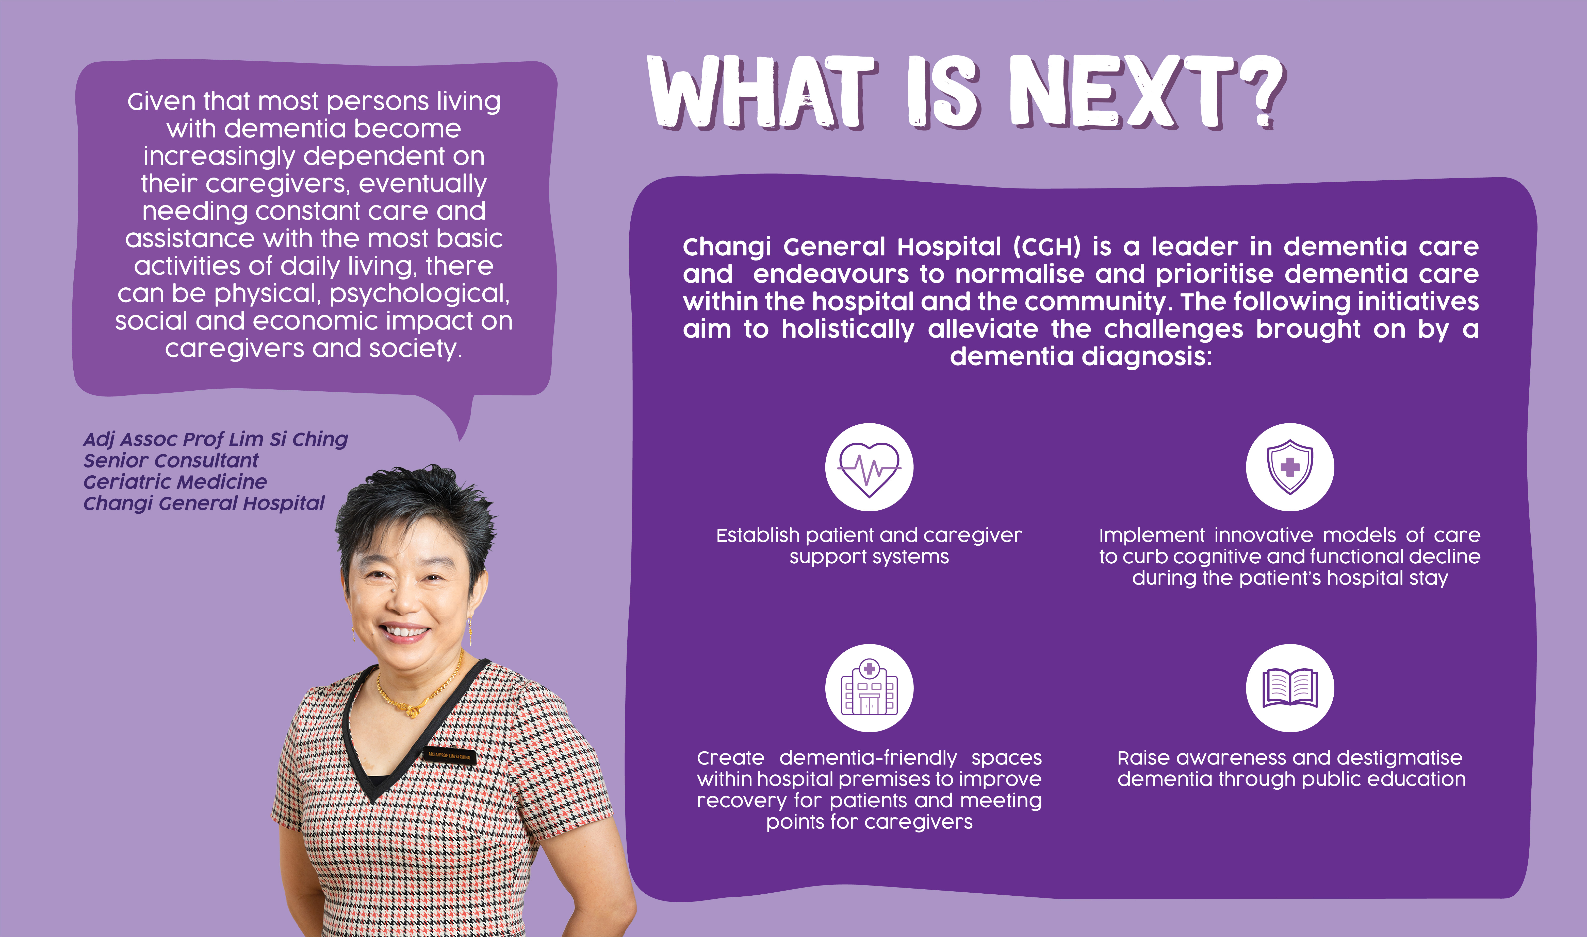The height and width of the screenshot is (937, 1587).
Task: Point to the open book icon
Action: tap(1290, 688)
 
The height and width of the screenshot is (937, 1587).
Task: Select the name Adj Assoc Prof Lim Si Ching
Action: tap(216, 439)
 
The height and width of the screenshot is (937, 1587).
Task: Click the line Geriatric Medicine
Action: tap(175, 482)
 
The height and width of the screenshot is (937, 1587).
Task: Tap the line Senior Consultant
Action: tap(171, 460)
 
